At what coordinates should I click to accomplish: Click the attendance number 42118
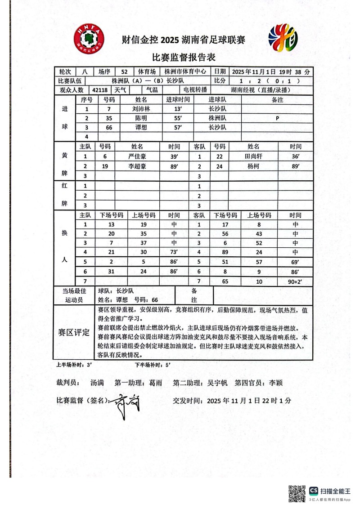click(99, 90)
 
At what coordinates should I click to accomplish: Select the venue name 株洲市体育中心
click(185, 71)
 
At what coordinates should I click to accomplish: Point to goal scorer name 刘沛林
click(141, 109)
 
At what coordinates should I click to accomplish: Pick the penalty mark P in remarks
click(277, 118)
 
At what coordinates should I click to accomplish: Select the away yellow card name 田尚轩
click(253, 156)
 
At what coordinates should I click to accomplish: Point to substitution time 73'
click(174, 252)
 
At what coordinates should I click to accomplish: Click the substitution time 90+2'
click(295, 281)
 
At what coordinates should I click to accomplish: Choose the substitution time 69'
click(295, 262)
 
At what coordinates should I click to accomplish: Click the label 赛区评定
click(74, 333)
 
